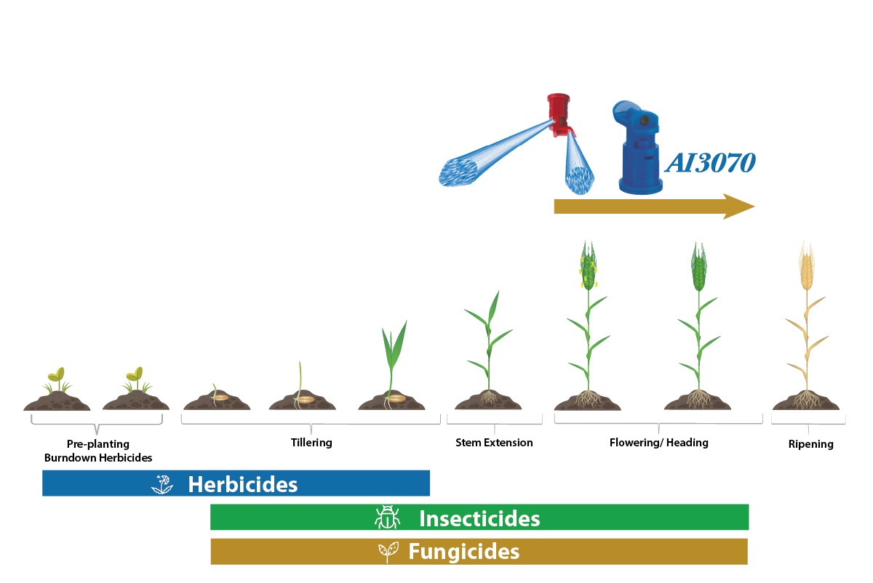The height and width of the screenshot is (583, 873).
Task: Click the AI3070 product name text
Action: [710, 162]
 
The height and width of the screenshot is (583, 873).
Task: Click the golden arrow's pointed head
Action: [738, 206]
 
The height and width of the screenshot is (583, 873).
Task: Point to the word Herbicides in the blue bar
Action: [243, 484]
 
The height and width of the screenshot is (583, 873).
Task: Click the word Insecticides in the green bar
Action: [479, 518]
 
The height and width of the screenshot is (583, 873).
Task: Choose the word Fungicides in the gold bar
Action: [464, 552]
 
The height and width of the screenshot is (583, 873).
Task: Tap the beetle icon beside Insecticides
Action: [387, 517]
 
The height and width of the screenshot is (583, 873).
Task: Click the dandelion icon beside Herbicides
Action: [162, 484]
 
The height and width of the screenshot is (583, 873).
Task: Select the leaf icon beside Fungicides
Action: [388, 552]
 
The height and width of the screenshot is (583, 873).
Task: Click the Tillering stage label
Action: [311, 443]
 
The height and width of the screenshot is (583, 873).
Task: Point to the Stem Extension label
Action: [494, 443]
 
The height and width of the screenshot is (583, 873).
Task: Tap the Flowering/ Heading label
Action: [658, 443]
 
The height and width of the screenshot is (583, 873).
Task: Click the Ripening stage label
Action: [810, 444]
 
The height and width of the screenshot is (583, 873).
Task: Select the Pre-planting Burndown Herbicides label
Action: [97, 451]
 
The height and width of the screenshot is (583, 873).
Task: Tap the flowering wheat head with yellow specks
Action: [588, 265]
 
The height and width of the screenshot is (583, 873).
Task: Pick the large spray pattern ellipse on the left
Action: [458, 172]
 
